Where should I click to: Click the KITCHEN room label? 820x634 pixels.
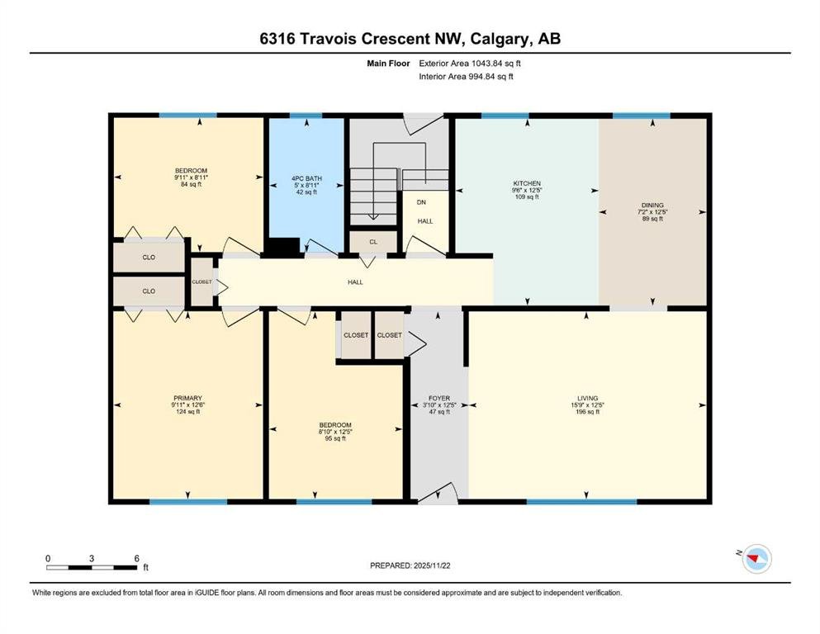click(x=527, y=183)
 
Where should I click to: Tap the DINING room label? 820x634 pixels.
click(x=652, y=206)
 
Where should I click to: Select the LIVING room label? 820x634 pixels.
click(x=587, y=398)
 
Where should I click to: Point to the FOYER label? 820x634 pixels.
click(x=439, y=398)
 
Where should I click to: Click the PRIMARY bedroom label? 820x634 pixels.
click(x=187, y=398)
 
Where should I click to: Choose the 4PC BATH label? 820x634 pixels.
click(x=306, y=179)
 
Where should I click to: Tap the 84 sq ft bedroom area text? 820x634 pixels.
click(x=191, y=184)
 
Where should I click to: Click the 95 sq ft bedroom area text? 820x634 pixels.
click(x=335, y=438)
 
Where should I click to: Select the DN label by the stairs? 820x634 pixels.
click(x=421, y=202)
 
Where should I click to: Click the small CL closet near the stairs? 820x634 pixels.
click(x=373, y=242)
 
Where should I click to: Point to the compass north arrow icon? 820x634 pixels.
click(x=756, y=559)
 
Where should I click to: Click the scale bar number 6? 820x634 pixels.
click(x=136, y=558)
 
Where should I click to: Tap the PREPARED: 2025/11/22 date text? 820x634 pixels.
click(x=410, y=565)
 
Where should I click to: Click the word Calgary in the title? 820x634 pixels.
click(x=500, y=39)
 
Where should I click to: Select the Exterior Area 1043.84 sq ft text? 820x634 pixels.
click(x=470, y=64)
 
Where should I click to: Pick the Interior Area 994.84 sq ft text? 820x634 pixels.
click(x=466, y=76)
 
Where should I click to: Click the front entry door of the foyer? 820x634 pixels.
click(x=438, y=494)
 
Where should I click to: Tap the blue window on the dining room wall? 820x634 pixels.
click(x=641, y=116)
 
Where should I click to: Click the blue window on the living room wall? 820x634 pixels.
click(x=581, y=502)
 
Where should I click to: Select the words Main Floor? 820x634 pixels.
click(x=388, y=64)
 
